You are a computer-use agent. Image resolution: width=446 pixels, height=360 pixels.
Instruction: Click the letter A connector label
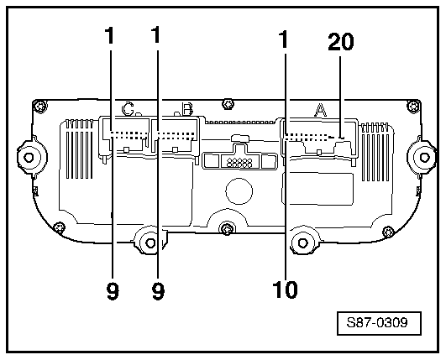(x=320, y=109)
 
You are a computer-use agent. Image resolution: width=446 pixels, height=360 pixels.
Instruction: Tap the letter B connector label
(x=188, y=109)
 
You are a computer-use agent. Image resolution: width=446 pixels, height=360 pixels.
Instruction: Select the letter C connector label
(x=129, y=109)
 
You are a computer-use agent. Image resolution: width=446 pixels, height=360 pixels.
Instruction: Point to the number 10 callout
(x=286, y=290)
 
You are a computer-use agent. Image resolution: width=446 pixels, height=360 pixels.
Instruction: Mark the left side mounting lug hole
(x=28, y=157)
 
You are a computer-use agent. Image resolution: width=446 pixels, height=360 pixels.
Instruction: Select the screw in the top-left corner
(x=38, y=106)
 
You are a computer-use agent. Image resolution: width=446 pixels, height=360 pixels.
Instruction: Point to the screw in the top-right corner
(x=409, y=106)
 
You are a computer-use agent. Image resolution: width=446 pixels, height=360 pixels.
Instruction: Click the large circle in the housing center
(x=239, y=190)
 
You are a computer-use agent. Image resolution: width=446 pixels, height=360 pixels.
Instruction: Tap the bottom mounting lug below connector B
(x=150, y=243)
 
